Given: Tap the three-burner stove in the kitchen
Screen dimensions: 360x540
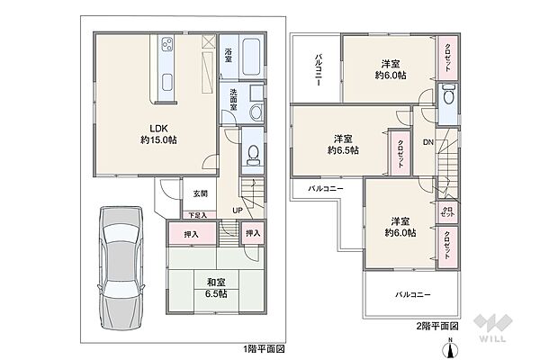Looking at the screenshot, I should coord(167,46).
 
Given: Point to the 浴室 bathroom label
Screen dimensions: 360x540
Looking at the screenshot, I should coord(229,53).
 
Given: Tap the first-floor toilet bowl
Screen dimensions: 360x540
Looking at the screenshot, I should coord(253,153).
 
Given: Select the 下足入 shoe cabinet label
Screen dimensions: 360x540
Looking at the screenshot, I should coord(197,215).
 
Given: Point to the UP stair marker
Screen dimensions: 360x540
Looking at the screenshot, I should coord(236,211).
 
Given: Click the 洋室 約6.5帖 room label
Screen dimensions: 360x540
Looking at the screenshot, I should coord(343,144).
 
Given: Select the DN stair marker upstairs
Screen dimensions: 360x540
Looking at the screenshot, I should coord(429,142).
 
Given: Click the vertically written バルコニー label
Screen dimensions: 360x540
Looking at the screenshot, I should coord(319,67).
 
